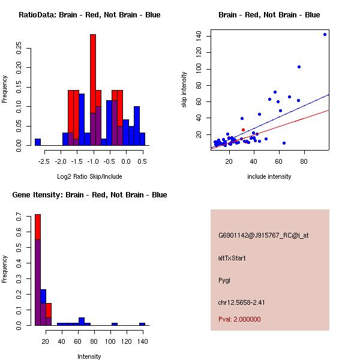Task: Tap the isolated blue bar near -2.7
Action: [38, 142]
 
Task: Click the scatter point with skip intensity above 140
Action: [325, 34]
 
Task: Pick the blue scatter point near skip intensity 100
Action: [299, 67]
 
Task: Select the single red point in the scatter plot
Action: [243, 130]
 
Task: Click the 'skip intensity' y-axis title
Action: [185, 90]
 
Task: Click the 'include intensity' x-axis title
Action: [269, 176]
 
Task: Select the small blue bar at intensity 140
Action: [142, 324]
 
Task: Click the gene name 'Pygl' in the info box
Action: [225, 280]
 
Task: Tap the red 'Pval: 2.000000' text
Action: [239, 319]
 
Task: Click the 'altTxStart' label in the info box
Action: [232, 258]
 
